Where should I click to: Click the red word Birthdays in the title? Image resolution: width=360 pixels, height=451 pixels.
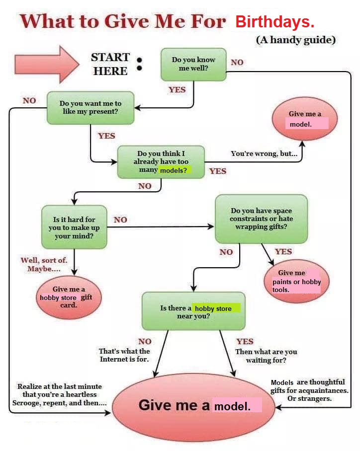tap(274, 22)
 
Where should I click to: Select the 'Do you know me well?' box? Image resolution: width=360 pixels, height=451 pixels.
tap(193, 64)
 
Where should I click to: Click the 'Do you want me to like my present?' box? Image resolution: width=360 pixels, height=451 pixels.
tap(90, 107)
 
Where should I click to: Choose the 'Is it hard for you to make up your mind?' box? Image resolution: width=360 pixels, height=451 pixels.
tap(74, 227)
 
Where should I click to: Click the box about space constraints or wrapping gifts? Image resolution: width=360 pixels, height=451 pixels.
tap(261, 219)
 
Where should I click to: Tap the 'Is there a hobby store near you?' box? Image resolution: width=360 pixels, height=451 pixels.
tap(193, 311)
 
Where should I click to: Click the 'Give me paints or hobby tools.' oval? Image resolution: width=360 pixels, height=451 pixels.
tap(296, 281)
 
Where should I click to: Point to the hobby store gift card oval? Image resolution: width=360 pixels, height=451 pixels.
tap(69, 297)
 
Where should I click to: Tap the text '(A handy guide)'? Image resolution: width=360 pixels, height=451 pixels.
tap(295, 40)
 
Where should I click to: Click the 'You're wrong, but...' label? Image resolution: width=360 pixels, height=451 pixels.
tap(264, 153)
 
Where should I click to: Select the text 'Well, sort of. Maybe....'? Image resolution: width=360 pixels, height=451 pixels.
tap(44, 264)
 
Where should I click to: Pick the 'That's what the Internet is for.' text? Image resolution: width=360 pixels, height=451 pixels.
tap(124, 355)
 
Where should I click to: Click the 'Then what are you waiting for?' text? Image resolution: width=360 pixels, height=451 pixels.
tap(266, 356)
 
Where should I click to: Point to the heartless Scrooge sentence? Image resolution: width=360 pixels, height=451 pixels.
tap(59, 394)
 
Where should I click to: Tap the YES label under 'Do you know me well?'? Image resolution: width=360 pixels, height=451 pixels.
tap(177, 90)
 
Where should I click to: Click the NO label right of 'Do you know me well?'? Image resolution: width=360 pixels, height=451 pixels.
tap(237, 63)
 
